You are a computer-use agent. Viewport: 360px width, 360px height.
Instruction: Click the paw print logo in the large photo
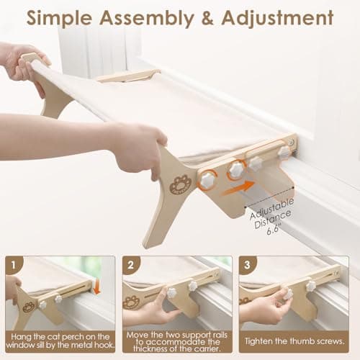click(180, 184)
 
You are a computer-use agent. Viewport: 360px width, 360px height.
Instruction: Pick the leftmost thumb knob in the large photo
click(207, 180)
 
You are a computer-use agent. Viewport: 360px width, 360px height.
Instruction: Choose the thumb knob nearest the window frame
click(285, 152)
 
